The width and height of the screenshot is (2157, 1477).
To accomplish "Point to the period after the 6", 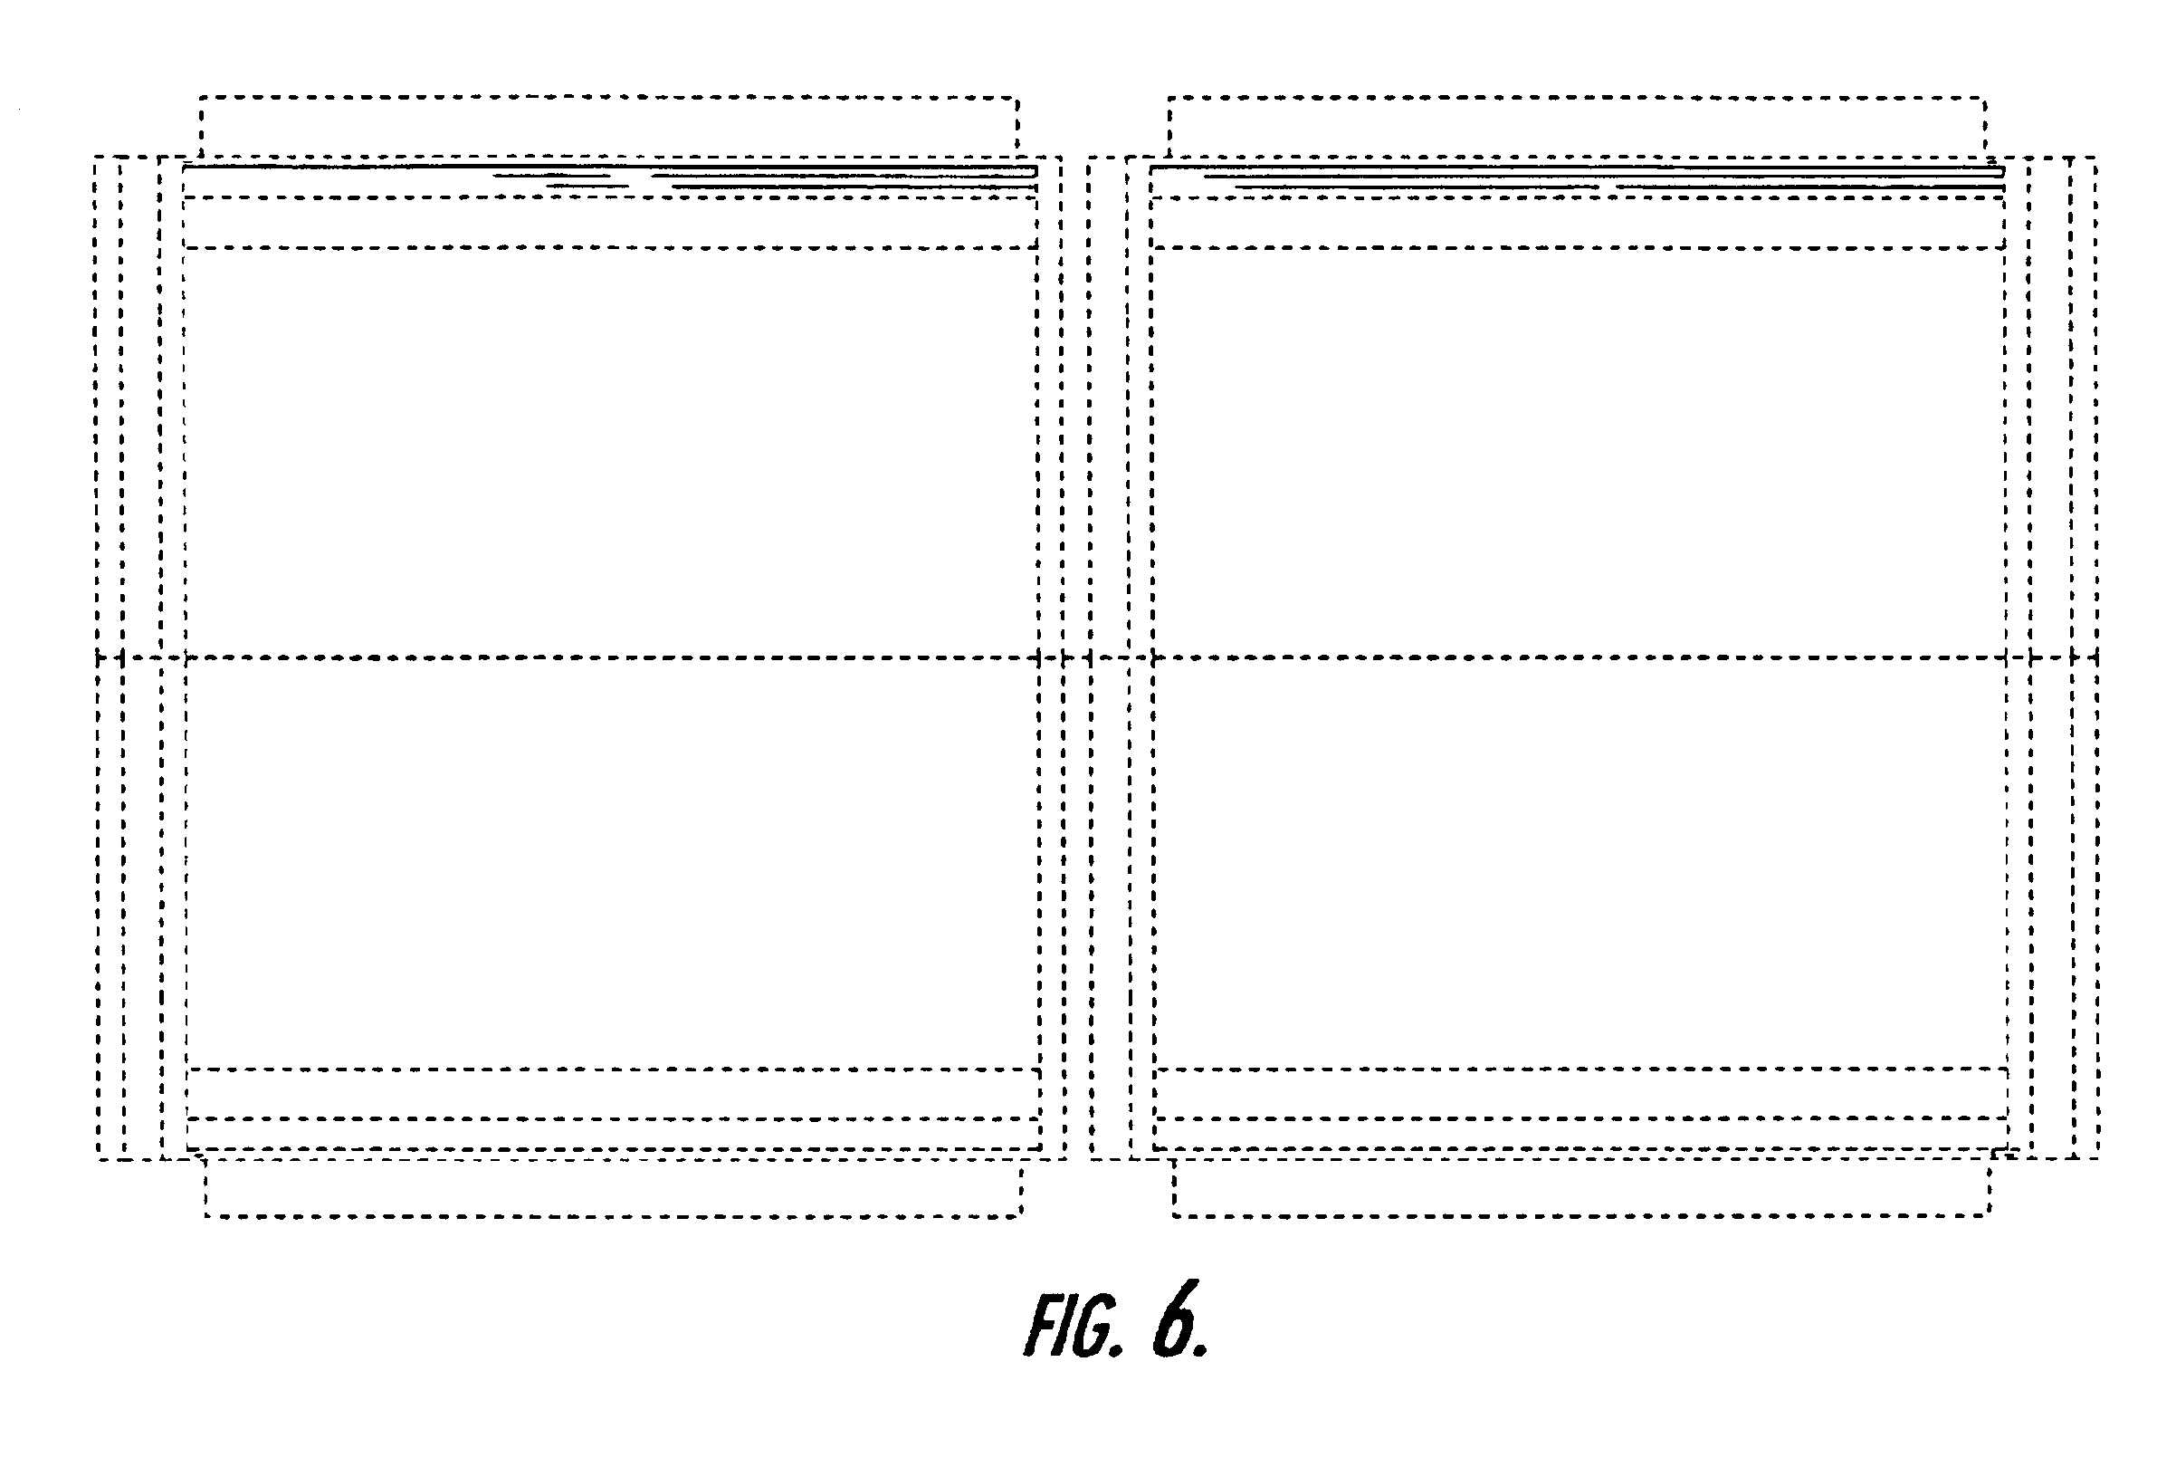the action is pos(1201,1350).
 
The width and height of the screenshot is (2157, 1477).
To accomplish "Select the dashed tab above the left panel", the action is pos(609,97).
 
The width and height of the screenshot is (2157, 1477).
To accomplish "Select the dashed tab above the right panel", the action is pos(1577,97).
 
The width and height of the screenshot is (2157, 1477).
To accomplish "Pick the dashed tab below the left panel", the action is pos(613,1215).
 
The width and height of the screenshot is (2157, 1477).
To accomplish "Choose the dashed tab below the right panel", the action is pos(1580,1215).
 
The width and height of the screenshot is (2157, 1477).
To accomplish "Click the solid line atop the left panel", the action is pos(610,168).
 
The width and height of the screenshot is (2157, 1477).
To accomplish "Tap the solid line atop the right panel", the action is pos(1577,168).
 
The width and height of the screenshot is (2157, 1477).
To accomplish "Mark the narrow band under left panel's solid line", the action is pos(610,223).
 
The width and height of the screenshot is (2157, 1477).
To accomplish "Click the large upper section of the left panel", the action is pos(611,453).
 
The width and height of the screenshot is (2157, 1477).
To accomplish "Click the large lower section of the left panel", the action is pos(612,863).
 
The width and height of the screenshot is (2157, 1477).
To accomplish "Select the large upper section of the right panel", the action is pos(1578,453).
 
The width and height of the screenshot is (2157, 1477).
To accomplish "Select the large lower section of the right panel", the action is pos(1579,863).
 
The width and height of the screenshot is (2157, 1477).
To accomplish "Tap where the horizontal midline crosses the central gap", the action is pos(1076,658).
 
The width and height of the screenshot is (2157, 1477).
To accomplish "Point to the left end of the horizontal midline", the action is pos(97,658).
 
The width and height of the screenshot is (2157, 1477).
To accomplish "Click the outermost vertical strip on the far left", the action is pos(109,657).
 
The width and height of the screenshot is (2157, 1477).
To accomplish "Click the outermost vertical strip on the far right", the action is pos(2085,657).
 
